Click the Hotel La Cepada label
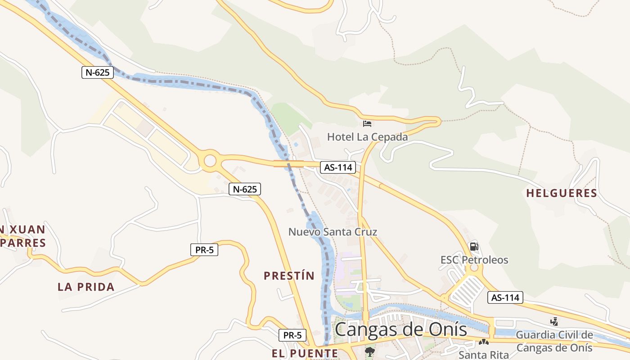click(x=367, y=137)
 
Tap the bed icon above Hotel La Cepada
click(x=367, y=123)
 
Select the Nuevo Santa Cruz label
click(x=333, y=232)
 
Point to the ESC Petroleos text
click(x=474, y=260)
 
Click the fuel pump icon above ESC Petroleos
click(x=474, y=247)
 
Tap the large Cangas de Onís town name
click(x=400, y=329)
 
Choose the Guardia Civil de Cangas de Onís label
click(x=554, y=341)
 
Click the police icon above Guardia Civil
click(x=554, y=321)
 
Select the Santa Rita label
click(x=483, y=355)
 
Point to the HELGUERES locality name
click(x=562, y=193)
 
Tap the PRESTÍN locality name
click(x=289, y=276)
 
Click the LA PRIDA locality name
click(x=86, y=287)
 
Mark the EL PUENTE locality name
click(x=305, y=354)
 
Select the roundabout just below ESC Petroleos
click(x=473, y=269)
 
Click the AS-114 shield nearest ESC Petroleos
click(x=505, y=297)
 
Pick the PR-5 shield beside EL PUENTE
click(x=292, y=335)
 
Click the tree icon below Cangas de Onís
click(x=370, y=351)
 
